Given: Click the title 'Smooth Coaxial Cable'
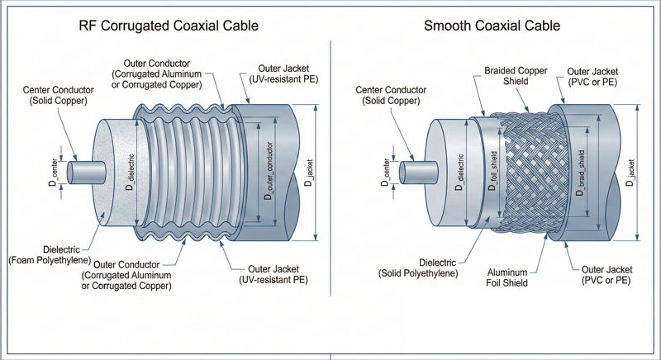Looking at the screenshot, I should click(x=492, y=26).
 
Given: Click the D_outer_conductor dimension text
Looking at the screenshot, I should click(x=268, y=174).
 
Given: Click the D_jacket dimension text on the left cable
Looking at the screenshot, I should click(x=307, y=174).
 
